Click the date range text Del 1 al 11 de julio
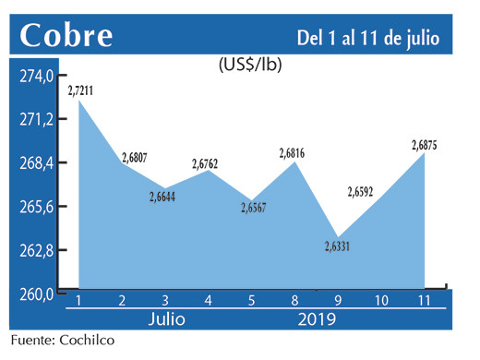[368, 37]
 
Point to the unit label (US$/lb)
[249, 66]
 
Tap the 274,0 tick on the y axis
[38, 78]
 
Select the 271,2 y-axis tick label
[38, 120]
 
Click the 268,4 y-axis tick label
[38, 163]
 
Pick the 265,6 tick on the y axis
[38, 207]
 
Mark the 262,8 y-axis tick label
[38, 251]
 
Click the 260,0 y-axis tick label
[38, 294]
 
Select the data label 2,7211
[86, 90]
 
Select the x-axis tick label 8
[294, 302]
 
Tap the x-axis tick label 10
[380, 302]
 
